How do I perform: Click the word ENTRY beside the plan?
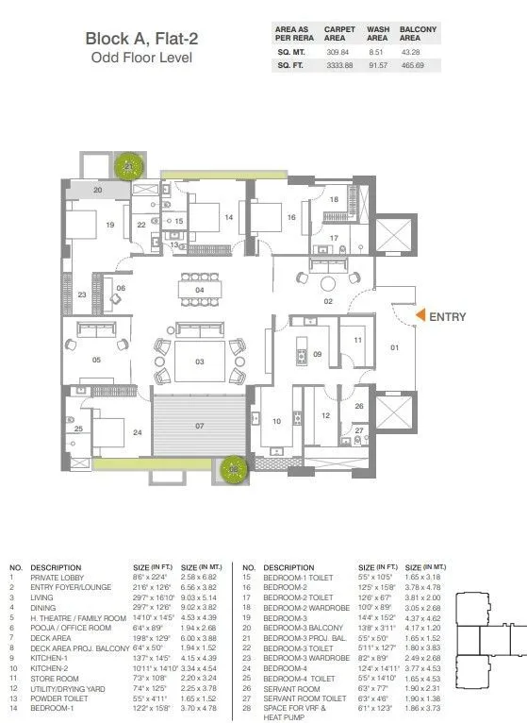448,317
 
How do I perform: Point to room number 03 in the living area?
199,361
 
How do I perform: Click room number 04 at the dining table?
199,290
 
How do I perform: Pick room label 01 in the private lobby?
394,347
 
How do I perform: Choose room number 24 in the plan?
138,432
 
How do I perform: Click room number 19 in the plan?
110,225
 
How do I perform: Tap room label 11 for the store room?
357,340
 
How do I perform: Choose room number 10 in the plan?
277,421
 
